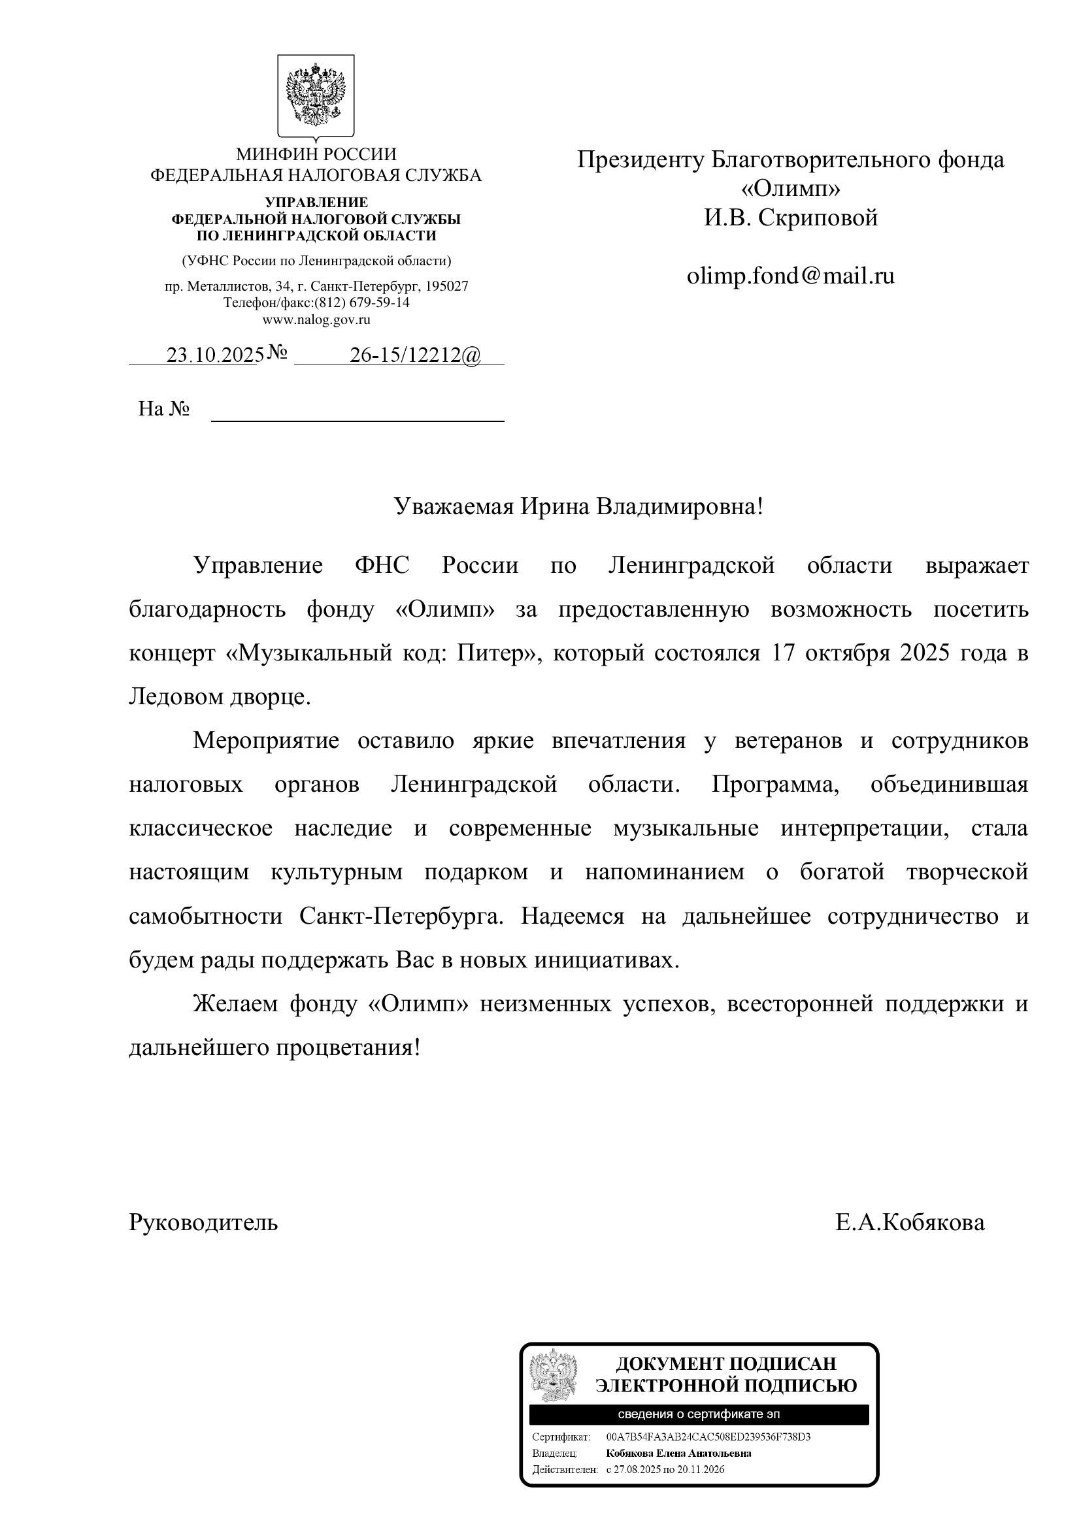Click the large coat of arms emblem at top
pyautogui.click(x=316, y=96)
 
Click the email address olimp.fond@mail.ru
pyautogui.click(x=790, y=276)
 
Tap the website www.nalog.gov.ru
pyautogui.click(x=316, y=319)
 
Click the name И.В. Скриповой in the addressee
pyautogui.click(x=791, y=218)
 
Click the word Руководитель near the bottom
pyautogui.click(x=203, y=1222)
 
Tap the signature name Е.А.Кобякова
pyautogui.click(x=910, y=1222)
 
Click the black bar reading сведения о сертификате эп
pyautogui.click(x=699, y=1414)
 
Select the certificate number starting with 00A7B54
pyautogui.click(x=708, y=1437)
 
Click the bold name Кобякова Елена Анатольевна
pyautogui.click(x=678, y=1453)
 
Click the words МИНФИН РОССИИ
pyautogui.click(x=316, y=154)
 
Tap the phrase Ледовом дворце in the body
pyautogui.click(x=219, y=697)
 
